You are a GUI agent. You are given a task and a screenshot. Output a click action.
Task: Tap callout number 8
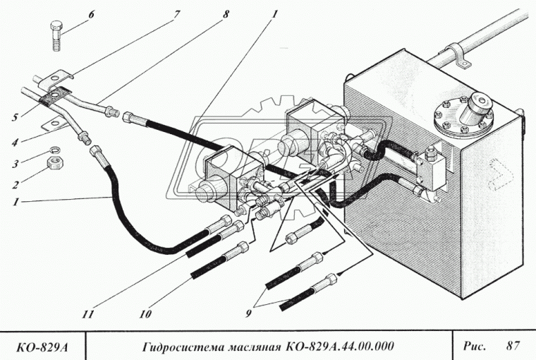(x=226, y=13)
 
